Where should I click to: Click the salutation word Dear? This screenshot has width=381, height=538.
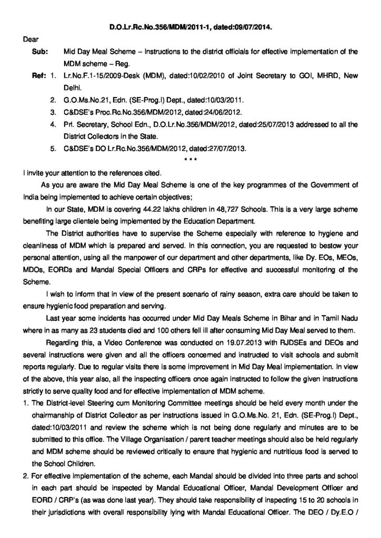31,39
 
